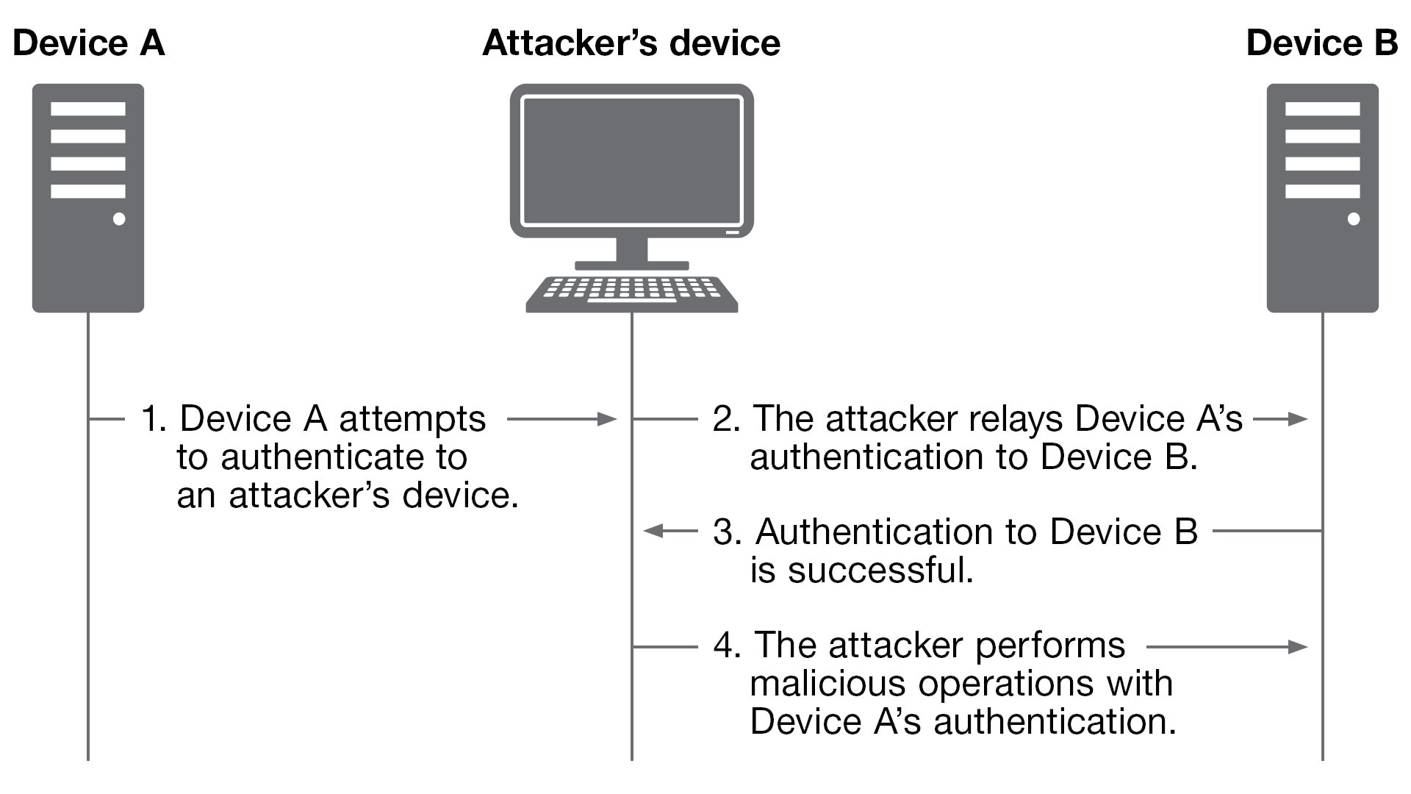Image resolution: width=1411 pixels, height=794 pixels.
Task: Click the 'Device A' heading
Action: click(x=89, y=43)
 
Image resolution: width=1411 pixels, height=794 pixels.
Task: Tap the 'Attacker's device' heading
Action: click(x=631, y=43)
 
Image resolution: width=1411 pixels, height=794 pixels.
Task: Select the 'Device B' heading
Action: click(x=1321, y=43)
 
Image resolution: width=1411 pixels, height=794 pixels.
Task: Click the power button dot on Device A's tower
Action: click(x=119, y=219)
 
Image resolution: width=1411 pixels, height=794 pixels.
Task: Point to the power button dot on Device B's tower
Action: click(x=1354, y=219)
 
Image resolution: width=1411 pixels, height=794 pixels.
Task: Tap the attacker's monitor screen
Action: click(x=632, y=160)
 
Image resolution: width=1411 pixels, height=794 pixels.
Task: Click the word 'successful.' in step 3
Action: click(x=880, y=570)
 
